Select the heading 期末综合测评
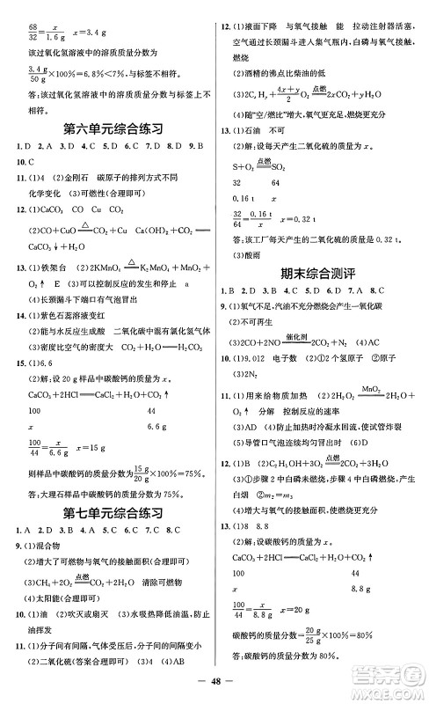(x=321, y=275)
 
